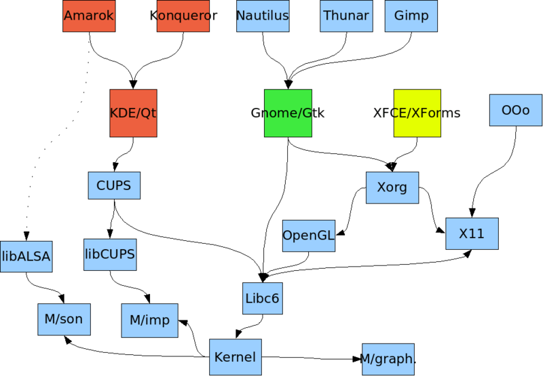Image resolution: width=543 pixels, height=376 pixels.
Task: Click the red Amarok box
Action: (89, 16)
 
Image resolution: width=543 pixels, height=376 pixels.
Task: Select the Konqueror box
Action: (183, 16)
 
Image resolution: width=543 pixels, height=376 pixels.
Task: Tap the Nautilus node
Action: (263, 16)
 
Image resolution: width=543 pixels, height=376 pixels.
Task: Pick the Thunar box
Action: (346, 16)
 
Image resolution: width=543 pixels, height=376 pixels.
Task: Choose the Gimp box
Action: (411, 16)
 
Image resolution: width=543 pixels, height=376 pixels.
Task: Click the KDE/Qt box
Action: (133, 113)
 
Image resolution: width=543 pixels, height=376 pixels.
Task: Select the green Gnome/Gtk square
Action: (288, 113)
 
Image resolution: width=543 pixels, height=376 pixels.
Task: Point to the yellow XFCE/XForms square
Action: (417, 113)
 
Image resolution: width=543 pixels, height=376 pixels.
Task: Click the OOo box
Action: (515, 110)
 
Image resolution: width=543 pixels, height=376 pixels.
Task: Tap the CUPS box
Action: (114, 185)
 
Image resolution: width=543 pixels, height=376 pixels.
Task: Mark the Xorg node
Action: (392, 187)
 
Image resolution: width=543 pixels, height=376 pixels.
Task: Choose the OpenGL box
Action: (309, 236)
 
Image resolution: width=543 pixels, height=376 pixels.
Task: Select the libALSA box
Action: (26, 256)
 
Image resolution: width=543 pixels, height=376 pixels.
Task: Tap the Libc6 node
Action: (263, 298)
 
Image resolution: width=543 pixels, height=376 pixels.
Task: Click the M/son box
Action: (64, 319)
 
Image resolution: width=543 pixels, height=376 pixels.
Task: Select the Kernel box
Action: (235, 356)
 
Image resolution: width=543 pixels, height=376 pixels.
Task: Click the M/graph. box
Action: (388, 359)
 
